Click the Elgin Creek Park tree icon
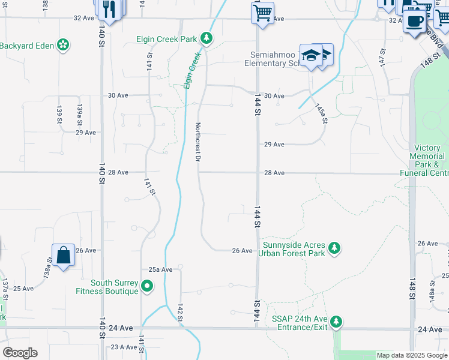point(206,39)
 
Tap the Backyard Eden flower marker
point(62,45)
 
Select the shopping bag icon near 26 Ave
point(63,256)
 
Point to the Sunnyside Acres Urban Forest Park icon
point(334,248)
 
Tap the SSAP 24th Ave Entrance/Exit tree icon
point(337,322)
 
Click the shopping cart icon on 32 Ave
point(262,13)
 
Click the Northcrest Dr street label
point(197,142)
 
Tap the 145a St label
point(321,113)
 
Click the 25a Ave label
point(160,269)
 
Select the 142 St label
point(180,313)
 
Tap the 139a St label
point(79,113)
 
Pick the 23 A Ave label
point(124,347)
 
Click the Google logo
point(20,353)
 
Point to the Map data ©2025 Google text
point(412,355)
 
